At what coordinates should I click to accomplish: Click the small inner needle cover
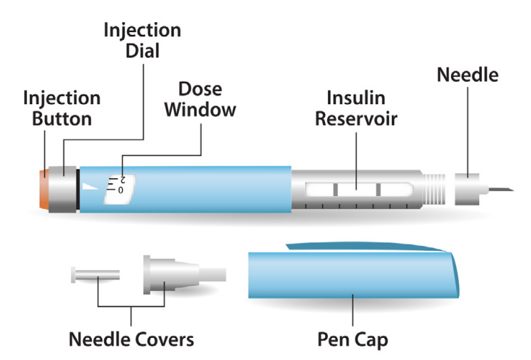(94, 275)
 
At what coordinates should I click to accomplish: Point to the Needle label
(468, 74)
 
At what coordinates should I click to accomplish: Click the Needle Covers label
(131, 339)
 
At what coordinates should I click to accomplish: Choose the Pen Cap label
(353, 339)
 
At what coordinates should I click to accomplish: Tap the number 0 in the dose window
(120, 191)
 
